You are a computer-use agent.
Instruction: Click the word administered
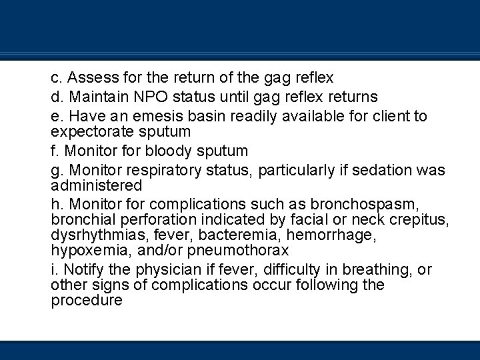click(x=97, y=185)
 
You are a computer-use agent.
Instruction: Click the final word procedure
click(x=87, y=300)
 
